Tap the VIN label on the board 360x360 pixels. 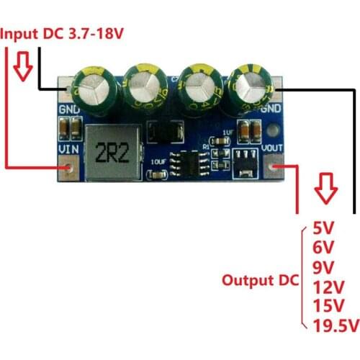(67, 150)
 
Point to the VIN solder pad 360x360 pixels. (69, 169)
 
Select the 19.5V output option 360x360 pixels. (336, 326)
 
